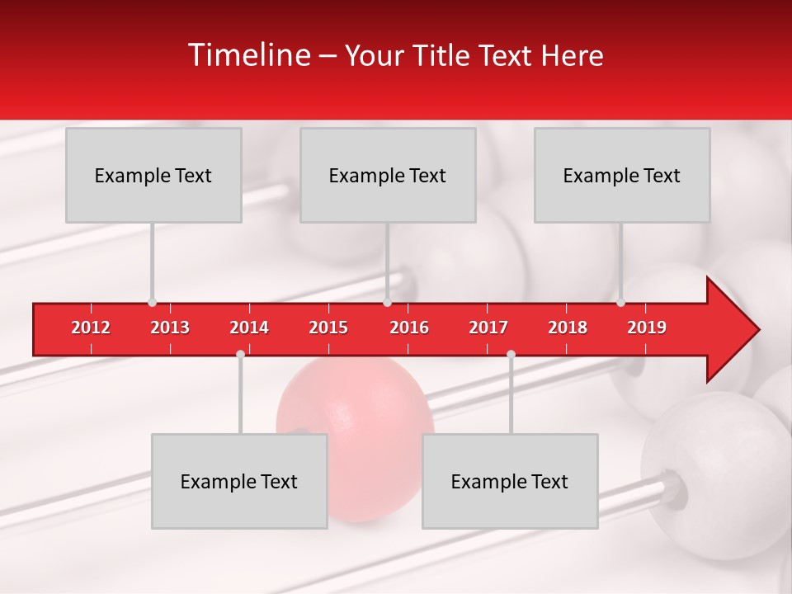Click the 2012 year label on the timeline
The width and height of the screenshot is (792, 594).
91,328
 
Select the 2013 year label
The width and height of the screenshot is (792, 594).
170,328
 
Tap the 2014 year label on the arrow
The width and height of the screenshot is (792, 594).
249,328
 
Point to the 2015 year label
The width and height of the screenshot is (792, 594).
328,328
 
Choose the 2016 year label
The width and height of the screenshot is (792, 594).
409,328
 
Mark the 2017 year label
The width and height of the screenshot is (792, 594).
488,328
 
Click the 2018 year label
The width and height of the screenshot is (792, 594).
568,328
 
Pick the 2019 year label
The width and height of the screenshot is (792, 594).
647,328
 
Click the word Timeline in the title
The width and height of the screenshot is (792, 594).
247,55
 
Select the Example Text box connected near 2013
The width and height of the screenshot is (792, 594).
153,175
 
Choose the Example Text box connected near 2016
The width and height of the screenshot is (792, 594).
388,175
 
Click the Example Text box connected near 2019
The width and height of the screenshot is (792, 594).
622,175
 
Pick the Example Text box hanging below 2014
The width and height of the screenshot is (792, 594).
239,481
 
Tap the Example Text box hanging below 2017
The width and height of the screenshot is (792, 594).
510,481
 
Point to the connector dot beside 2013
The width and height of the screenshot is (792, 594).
152,302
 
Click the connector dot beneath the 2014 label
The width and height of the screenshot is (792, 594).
240,354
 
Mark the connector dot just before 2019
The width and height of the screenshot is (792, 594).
621,302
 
